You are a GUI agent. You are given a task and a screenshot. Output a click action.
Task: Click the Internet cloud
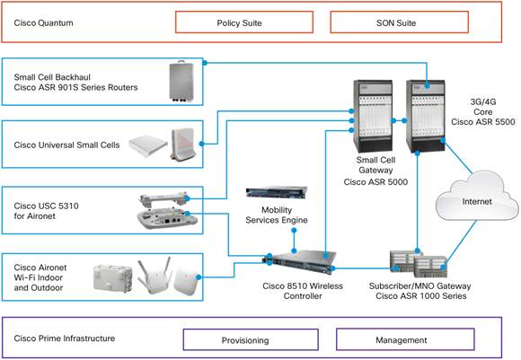pyautogui.click(x=477, y=203)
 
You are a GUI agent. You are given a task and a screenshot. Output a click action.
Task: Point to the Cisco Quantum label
pyautogui.click(x=44, y=22)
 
